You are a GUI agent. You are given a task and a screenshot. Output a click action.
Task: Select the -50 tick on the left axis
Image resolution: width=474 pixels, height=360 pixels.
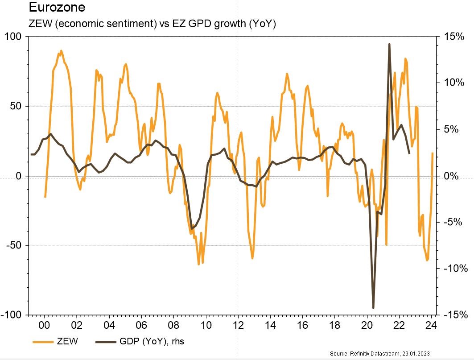coord(14,245)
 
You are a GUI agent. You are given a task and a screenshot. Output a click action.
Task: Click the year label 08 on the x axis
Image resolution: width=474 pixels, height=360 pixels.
coord(173,325)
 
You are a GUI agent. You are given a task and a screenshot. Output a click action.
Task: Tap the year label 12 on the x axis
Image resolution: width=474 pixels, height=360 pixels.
coord(238,325)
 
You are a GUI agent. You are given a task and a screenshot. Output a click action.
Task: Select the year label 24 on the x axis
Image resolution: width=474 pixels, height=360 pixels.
coord(431,325)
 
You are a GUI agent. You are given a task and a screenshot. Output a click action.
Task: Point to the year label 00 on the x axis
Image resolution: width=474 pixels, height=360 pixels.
coord(45,325)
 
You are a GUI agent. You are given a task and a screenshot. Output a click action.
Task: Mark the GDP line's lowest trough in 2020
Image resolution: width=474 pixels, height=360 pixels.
coord(374,308)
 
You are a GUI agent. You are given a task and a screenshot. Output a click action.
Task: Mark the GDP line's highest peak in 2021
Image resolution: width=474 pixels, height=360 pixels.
coord(389,44)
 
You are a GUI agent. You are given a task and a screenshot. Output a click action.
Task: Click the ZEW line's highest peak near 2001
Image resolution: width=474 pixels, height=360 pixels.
coord(61,51)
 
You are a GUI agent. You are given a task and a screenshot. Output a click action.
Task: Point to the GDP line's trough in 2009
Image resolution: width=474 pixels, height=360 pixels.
coord(191,229)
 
